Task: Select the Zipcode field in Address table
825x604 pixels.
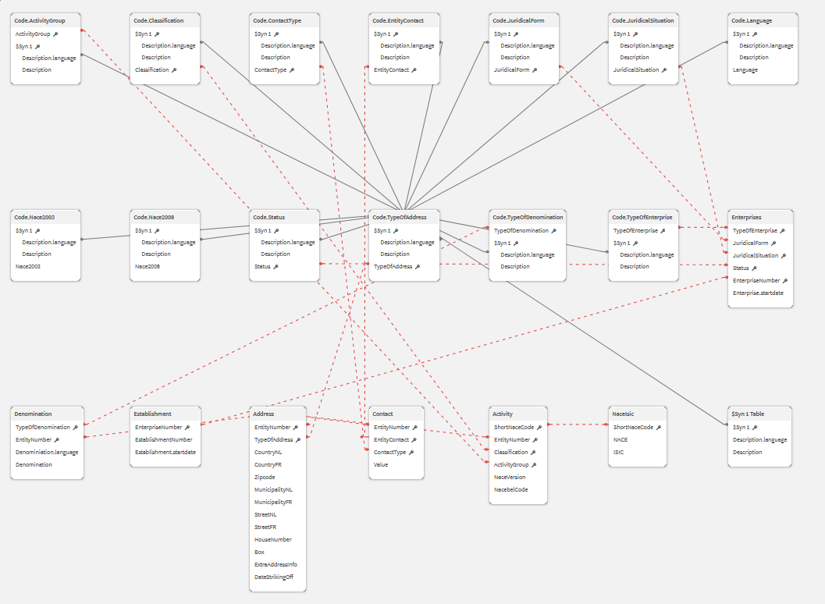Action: click(265, 477)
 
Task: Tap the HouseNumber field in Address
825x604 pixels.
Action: click(272, 539)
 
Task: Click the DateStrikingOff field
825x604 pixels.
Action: click(273, 577)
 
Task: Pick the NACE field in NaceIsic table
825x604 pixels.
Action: click(621, 439)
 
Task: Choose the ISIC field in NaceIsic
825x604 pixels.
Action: click(619, 452)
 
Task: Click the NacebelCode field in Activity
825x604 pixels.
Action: click(510, 489)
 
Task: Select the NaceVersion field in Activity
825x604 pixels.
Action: click(510, 477)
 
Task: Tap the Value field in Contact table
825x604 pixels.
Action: click(381, 464)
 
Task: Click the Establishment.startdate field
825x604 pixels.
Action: click(165, 452)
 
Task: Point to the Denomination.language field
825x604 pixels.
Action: click(47, 452)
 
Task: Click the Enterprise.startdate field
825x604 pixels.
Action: click(758, 293)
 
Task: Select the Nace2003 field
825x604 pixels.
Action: click(28, 266)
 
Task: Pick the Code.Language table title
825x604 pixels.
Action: click(752, 20)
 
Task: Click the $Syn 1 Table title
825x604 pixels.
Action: click(748, 414)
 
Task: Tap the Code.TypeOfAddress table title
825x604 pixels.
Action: click(399, 217)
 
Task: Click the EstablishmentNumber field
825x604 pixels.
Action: click(163, 439)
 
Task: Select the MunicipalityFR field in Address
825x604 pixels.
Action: click(273, 502)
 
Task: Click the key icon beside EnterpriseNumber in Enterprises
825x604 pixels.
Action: click(785, 280)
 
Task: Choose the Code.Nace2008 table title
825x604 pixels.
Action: click(154, 217)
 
